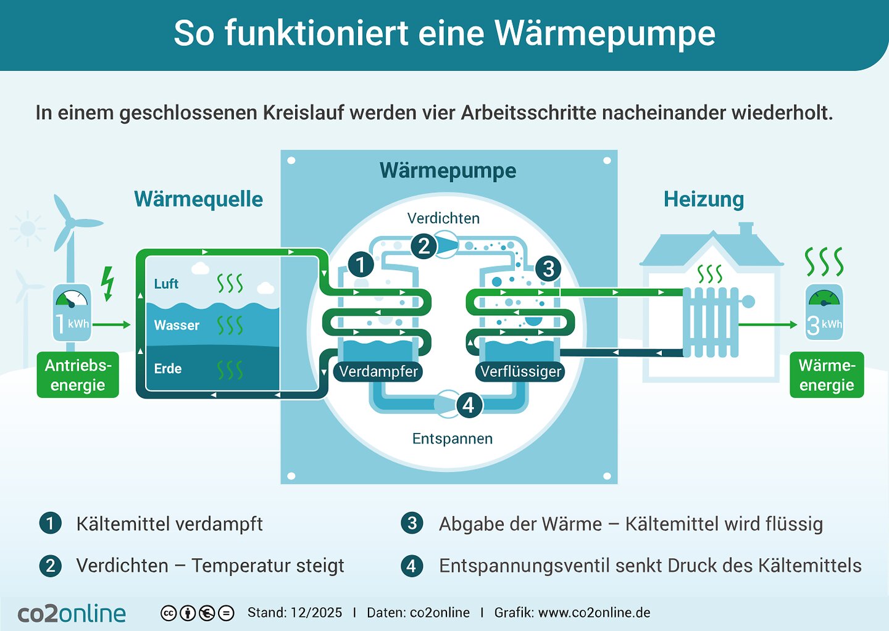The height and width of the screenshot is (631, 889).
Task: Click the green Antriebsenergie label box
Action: pyautogui.click(x=78, y=375)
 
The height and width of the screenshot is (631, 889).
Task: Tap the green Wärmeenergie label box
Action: pyautogui.click(x=827, y=375)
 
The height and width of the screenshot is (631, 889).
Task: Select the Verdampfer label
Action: pyautogui.click(x=378, y=371)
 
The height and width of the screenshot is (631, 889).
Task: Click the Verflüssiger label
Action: pyautogui.click(x=520, y=371)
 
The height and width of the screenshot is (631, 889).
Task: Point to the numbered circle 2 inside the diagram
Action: pyautogui.click(x=424, y=246)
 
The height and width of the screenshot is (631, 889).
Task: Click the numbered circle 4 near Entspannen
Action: pyautogui.click(x=468, y=405)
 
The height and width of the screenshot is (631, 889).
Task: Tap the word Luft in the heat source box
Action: pyautogui.click(x=166, y=284)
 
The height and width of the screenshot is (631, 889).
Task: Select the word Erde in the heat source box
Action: pyautogui.click(x=167, y=369)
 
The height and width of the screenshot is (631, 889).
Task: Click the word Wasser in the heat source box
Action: pyautogui.click(x=177, y=325)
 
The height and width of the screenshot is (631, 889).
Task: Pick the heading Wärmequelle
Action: pyautogui.click(x=198, y=199)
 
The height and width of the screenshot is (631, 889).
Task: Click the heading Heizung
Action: pyautogui.click(x=704, y=199)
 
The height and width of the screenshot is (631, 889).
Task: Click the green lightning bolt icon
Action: pyautogui.click(x=108, y=283)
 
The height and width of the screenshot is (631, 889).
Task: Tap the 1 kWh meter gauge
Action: pyautogui.click(x=72, y=312)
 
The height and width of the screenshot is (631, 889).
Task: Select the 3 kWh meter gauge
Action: pyautogui.click(x=824, y=312)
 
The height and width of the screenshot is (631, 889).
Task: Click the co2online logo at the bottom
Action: pyautogui.click(x=72, y=613)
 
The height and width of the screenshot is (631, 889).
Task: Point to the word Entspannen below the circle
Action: pyautogui.click(x=453, y=439)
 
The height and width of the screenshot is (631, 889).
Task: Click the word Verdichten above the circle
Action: pyautogui.click(x=443, y=218)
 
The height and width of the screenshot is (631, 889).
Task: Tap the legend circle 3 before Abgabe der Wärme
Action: pyautogui.click(x=411, y=524)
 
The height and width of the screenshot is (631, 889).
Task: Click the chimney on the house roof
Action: pyautogui.click(x=746, y=229)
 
